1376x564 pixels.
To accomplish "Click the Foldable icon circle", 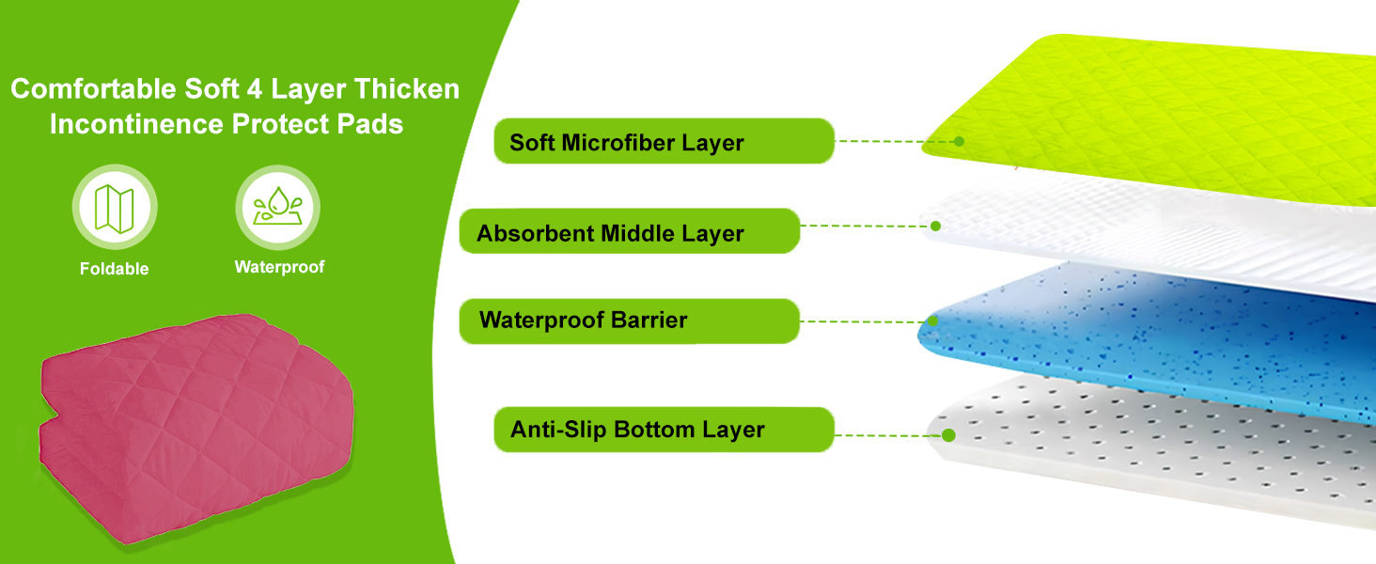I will [115, 208].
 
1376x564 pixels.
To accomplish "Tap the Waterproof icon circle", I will [278, 208].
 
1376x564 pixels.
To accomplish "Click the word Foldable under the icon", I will [115, 269].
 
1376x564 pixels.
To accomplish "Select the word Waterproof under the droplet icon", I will [279, 267].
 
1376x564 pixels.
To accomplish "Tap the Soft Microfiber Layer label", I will [664, 142].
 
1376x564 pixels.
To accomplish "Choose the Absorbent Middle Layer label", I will [629, 232].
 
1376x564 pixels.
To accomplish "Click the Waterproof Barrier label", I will [629, 321].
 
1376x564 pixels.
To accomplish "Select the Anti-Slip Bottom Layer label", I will [664, 430].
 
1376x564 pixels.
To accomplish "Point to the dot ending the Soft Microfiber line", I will [959, 141].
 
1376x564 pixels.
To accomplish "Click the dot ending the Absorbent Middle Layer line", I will [935, 226].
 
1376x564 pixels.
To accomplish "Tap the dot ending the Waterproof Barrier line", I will [933, 321].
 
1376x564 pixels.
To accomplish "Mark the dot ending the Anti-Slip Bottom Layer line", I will [948, 435].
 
